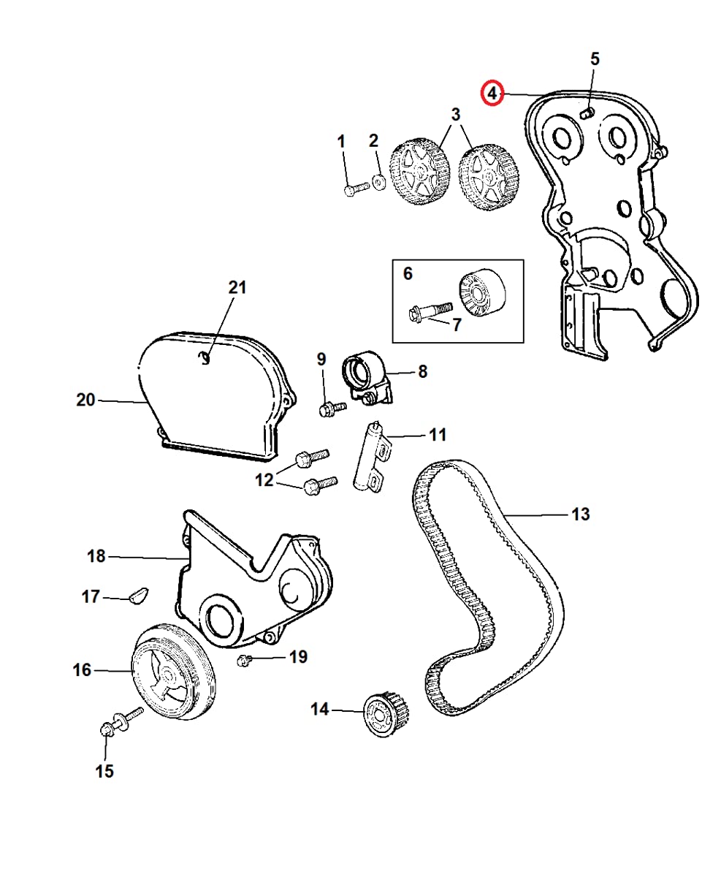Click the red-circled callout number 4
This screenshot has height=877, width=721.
[492, 94]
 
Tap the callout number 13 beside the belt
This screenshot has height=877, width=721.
[579, 515]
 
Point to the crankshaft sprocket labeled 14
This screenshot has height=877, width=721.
[384, 713]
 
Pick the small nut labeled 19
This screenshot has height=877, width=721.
[245, 661]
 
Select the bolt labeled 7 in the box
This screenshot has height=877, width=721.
[429, 314]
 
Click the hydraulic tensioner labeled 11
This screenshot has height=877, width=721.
[370, 458]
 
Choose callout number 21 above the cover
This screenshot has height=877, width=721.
[237, 287]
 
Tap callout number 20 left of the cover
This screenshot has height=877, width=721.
[86, 400]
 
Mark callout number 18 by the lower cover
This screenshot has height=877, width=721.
[96, 556]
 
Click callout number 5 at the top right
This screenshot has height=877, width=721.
[595, 59]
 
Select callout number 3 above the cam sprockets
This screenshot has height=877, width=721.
[456, 115]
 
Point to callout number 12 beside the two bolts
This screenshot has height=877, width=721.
[264, 479]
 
